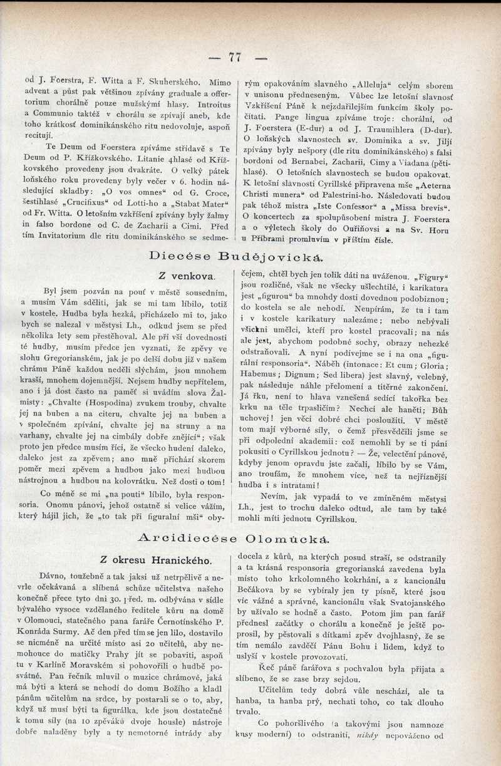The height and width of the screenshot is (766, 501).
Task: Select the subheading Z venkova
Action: point(187,276)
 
